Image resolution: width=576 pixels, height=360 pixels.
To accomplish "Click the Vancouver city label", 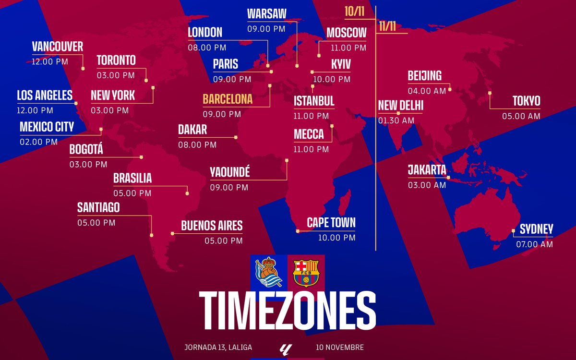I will (57, 47).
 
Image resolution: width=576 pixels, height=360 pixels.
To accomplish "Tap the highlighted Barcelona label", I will (228, 99).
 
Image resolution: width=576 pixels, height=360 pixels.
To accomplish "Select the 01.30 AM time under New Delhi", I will (396, 120).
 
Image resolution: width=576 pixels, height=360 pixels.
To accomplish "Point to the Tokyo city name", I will (526, 101).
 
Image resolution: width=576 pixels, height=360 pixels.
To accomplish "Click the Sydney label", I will (536, 229).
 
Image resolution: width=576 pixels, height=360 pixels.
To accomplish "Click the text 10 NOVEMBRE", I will (340, 347).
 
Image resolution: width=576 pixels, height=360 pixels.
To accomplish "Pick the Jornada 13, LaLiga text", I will (218, 347).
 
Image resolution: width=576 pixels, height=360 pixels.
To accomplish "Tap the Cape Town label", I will (331, 223).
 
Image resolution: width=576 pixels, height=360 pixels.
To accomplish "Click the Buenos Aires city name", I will (212, 226).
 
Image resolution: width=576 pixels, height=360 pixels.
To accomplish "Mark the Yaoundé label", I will (229, 172).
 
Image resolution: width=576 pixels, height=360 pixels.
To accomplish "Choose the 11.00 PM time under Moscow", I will (348, 48).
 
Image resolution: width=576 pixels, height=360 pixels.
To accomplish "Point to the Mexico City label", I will (47, 127).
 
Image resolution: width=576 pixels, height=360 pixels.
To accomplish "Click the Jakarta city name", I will (427, 170).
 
